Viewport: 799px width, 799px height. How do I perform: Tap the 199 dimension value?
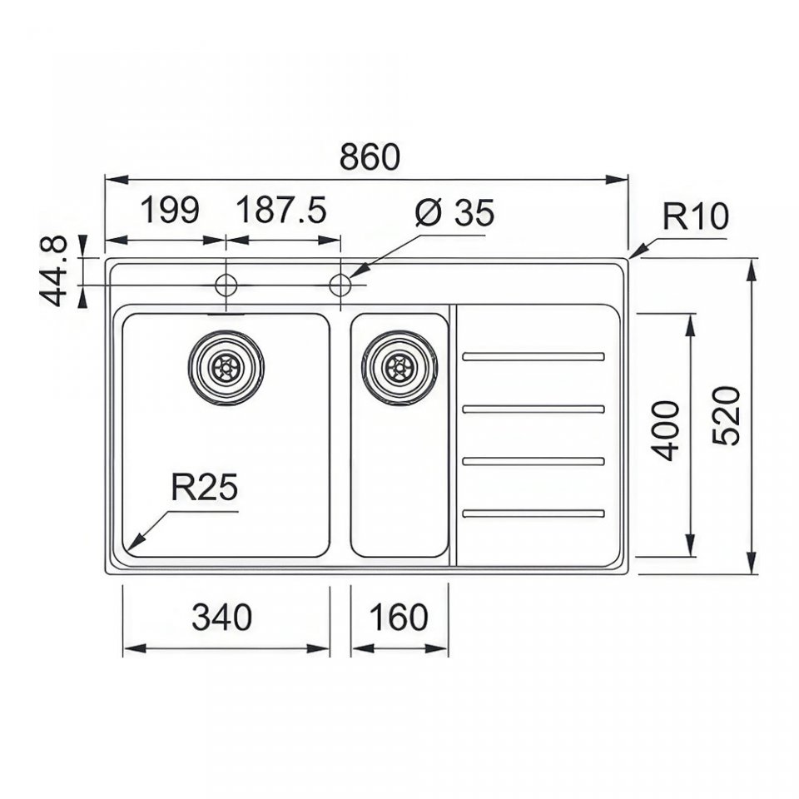coord(169,210)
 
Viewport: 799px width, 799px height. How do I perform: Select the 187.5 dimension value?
coord(281,210)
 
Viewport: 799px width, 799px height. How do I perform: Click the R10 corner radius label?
coord(696,216)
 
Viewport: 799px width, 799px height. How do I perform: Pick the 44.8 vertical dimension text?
coord(53,270)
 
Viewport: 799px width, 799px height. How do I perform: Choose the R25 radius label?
coord(205,487)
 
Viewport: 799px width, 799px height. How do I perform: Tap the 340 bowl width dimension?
coord(221,617)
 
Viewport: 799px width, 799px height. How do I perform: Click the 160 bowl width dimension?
coord(398,617)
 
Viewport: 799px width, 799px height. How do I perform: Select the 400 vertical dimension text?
coord(666,430)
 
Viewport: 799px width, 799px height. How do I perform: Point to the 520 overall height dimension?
coord(726,416)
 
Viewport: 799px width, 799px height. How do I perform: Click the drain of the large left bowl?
coord(226,367)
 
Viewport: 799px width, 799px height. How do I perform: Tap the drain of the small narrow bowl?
coord(399,367)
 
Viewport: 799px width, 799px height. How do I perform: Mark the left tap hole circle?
coord(226,285)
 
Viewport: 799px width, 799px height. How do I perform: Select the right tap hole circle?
coord(340,285)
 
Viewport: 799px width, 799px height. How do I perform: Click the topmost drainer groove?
coord(533,357)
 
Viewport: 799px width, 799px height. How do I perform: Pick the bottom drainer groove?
coord(533,514)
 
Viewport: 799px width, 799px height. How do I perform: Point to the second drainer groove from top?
coord(533,409)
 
